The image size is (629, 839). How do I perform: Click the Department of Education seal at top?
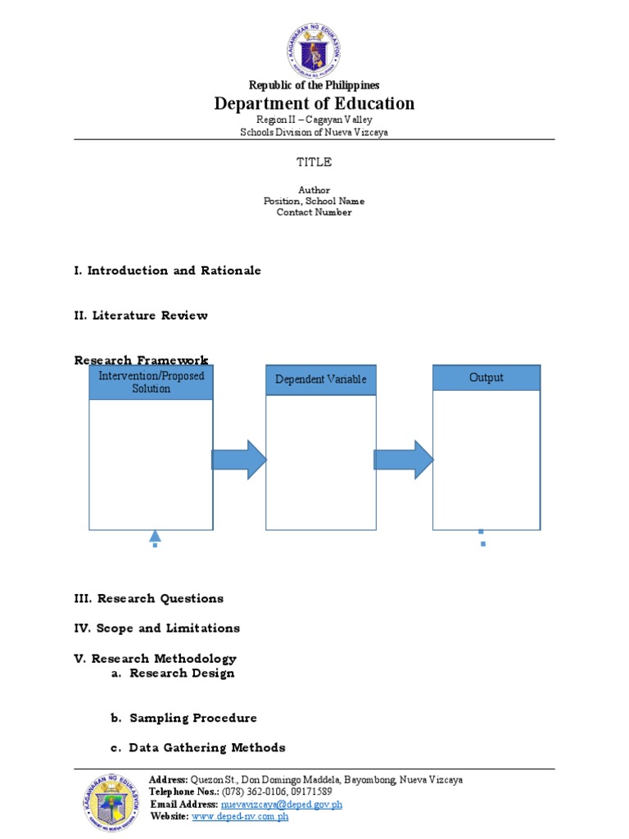tap(314, 51)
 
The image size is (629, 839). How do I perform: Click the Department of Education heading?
tap(314, 103)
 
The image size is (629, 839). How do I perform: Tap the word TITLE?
tap(314, 162)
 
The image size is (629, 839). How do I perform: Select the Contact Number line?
tap(314, 212)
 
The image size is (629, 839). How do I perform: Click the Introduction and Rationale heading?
tap(167, 270)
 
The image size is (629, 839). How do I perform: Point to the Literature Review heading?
tap(141, 315)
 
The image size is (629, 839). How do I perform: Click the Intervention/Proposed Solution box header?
tap(152, 382)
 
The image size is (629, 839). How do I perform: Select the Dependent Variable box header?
tap(321, 379)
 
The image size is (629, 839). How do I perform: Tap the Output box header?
tap(486, 378)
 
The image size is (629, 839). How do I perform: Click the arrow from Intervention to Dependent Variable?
tap(239, 460)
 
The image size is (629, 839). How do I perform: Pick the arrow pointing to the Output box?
tap(405, 460)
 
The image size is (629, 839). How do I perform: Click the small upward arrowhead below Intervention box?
tap(155, 537)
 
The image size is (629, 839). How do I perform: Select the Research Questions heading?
tap(148, 598)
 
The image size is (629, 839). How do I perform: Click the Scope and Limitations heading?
tap(156, 628)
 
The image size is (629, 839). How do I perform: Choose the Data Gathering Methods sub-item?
tap(207, 747)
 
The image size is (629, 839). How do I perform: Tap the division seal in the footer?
tap(113, 802)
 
